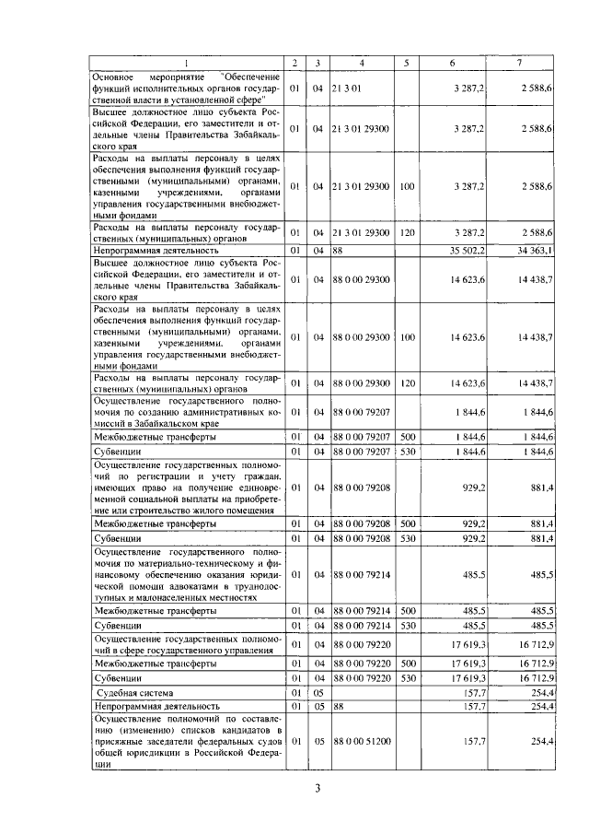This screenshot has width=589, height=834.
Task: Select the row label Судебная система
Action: point(137,691)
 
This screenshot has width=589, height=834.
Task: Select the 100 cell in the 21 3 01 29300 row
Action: point(407,186)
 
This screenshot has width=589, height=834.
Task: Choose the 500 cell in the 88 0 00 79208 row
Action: point(407,523)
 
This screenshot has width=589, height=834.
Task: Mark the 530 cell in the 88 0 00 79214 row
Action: point(407,625)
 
